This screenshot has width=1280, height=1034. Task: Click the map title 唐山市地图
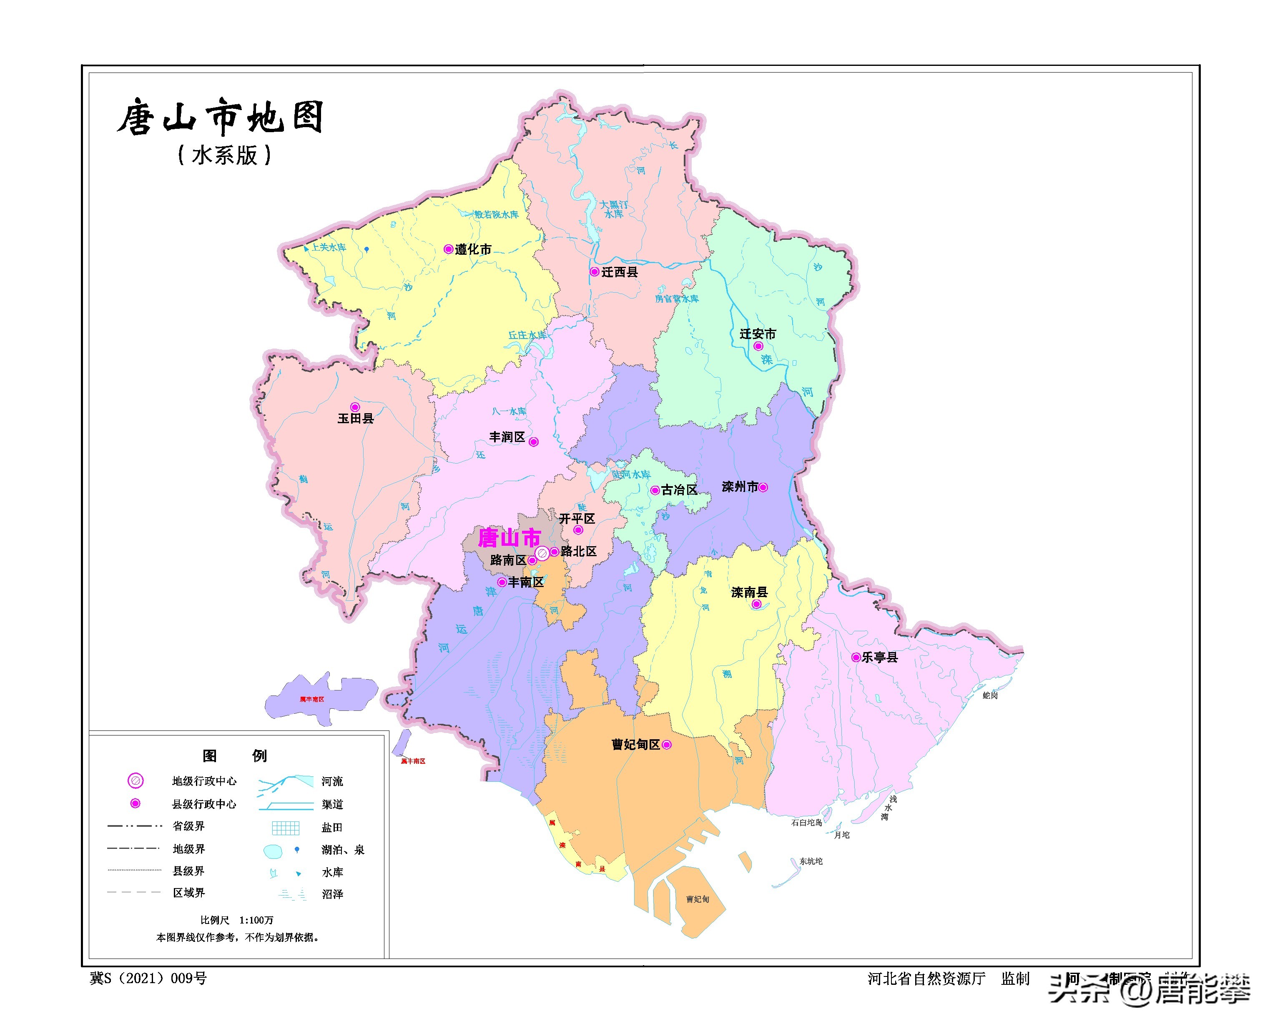coord(221,117)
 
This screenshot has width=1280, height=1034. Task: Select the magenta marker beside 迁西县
coord(594,271)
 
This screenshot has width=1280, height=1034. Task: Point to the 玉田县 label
coord(356,418)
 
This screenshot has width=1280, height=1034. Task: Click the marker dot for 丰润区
coord(534,442)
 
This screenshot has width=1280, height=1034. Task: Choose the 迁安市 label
coord(758,334)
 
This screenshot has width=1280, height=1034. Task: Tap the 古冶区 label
coord(679,489)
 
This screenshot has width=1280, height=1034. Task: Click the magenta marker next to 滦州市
coord(763,487)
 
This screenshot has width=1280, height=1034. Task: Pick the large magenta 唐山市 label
coord(509,538)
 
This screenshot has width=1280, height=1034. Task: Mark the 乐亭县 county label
coord(880,657)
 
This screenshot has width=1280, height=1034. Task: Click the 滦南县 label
coord(749,592)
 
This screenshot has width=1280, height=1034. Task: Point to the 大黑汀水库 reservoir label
coord(613,209)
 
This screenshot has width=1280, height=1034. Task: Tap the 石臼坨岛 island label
coord(806,823)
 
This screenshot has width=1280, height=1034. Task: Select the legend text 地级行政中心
coord(204,781)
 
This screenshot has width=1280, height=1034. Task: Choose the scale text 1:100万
coord(256,920)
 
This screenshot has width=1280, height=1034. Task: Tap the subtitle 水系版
coord(225,156)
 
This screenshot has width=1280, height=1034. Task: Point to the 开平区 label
coord(577,519)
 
